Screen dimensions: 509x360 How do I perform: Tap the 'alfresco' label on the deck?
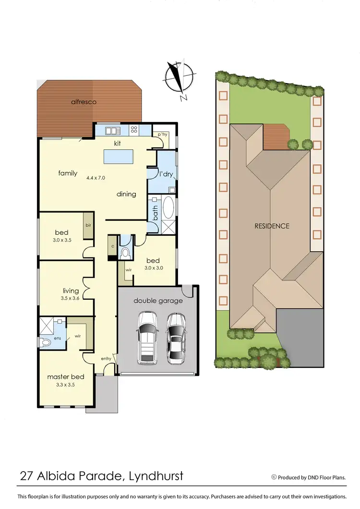84,102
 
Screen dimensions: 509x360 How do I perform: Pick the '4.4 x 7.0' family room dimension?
96,178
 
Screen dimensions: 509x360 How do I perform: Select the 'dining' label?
126,194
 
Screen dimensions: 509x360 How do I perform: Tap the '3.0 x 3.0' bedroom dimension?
155,268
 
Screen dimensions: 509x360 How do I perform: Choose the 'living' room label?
71,291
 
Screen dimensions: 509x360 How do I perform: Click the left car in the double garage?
147,337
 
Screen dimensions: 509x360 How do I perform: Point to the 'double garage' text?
158,301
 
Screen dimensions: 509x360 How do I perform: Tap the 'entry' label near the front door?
106,359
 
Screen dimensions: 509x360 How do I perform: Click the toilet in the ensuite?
46,342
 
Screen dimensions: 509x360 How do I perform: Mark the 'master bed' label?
66,376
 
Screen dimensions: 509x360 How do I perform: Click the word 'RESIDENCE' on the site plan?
272,226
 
